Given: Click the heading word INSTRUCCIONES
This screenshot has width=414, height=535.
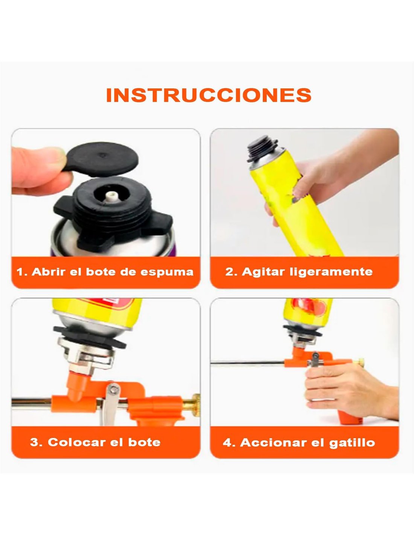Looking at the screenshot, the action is [x=209, y=95].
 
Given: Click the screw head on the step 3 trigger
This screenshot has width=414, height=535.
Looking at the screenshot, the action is [x=113, y=389].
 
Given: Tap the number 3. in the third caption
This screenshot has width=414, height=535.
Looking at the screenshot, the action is [x=36, y=442].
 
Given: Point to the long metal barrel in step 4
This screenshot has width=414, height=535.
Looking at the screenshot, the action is [x=248, y=362].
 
